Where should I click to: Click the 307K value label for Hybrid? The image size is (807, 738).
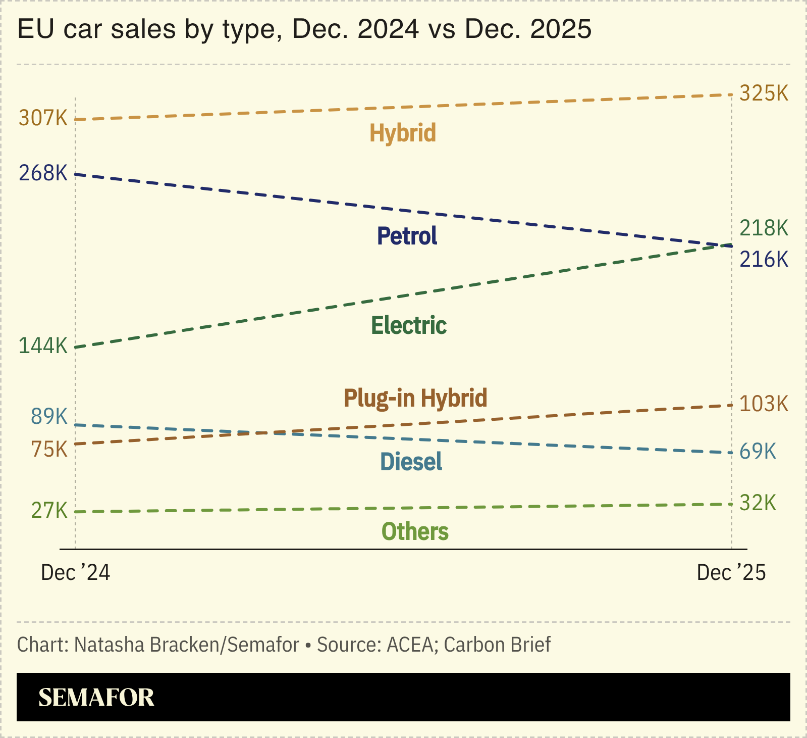tap(43, 118)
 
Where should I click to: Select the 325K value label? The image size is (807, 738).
tap(764, 93)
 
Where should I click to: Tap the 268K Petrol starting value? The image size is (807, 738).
tap(43, 173)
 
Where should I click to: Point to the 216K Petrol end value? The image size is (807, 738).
tap(764, 260)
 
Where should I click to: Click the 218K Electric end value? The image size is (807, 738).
tap(764, 228)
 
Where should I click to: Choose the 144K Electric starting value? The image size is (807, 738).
tap(43, 346)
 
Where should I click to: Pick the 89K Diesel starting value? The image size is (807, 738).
tap(49, 416)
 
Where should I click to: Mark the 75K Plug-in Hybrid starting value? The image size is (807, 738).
tap(49, 449)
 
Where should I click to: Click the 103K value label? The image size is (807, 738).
tap(764, 404)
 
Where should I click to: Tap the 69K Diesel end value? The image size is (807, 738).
tap(758, 451)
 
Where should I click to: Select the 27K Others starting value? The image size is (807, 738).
tap(49, 511)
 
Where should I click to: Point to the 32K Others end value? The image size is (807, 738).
tap(758, 503)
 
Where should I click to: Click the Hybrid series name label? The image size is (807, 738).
tap(403, 133)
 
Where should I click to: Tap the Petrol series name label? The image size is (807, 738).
tap(407, 236)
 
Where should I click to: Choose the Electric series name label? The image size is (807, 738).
tap(409, 325)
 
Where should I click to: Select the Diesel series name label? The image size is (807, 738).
tap(411, 462)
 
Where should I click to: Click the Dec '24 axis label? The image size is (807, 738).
tap(75, 573)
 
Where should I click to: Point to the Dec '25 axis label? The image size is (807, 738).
tap(731, 573)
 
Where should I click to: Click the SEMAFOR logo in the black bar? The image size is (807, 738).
tap(96, 698)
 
